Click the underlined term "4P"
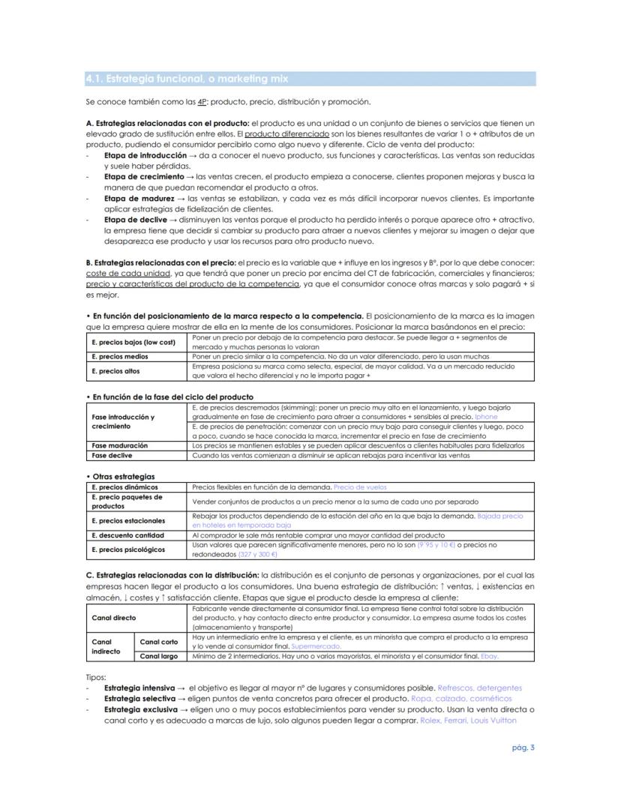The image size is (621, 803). pyautogui.click(x=202, y=102)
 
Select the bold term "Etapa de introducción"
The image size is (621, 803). pyautogui.click(x=145, y=155)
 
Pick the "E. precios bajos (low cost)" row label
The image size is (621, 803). pyautogui.click(x=133, y=343)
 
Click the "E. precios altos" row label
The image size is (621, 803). pyautogui.click(x=115, y=371)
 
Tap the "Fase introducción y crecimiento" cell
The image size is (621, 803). pyautogui.click(x=123, y=421)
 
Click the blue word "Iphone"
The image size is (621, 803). pyautogui.click(x=486, y=416)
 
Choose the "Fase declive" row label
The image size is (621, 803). pyautogui.click(x=112, y=455)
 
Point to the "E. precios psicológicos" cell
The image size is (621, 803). pyautogui.click(x=127, y=550)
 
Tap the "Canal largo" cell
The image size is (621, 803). pyautogui.click(x=159, y=656)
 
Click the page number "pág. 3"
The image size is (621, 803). pyautogui.click(x=523, y=747)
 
